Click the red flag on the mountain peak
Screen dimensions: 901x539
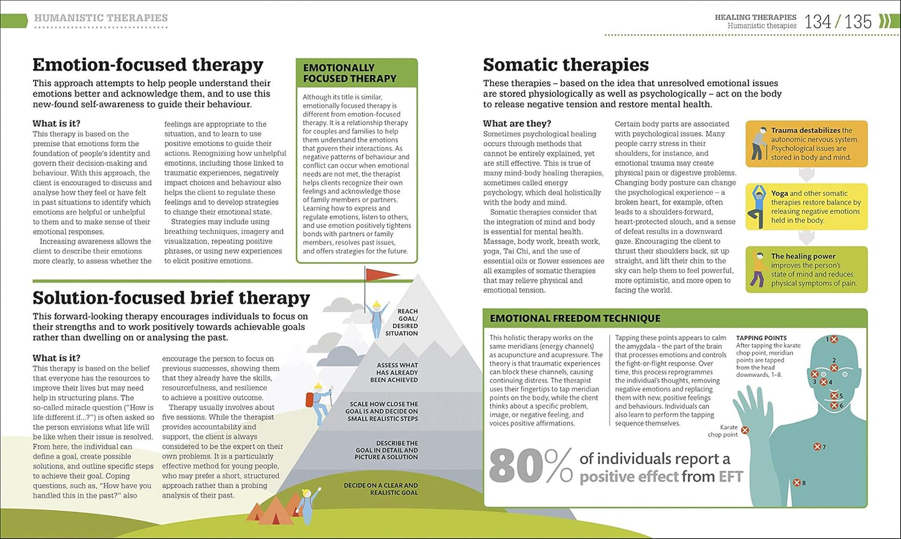pos(380,274)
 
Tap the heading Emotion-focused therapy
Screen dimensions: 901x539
pos(148,64)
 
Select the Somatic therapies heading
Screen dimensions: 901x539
pos(566,64)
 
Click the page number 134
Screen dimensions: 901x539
pos(817,22)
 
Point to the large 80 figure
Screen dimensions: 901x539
pos(516,467)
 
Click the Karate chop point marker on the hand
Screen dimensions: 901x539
pos(745,430)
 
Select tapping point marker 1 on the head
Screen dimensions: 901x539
pos(834,339)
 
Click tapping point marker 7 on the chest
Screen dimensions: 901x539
pos(817,447)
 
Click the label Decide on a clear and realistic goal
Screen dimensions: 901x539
pos(380,488)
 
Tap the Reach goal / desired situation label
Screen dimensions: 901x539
pos(402,322)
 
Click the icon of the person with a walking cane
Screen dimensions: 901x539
pos(759,143)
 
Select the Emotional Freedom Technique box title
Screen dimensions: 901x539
pos(575,318)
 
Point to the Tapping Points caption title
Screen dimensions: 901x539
pos(761,338)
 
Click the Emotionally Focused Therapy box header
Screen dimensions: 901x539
pos(350,73)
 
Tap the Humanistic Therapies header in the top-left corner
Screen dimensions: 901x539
pos(101,18)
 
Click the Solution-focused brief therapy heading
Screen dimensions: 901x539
pos(171,298)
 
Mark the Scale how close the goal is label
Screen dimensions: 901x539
pos(382,411)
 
